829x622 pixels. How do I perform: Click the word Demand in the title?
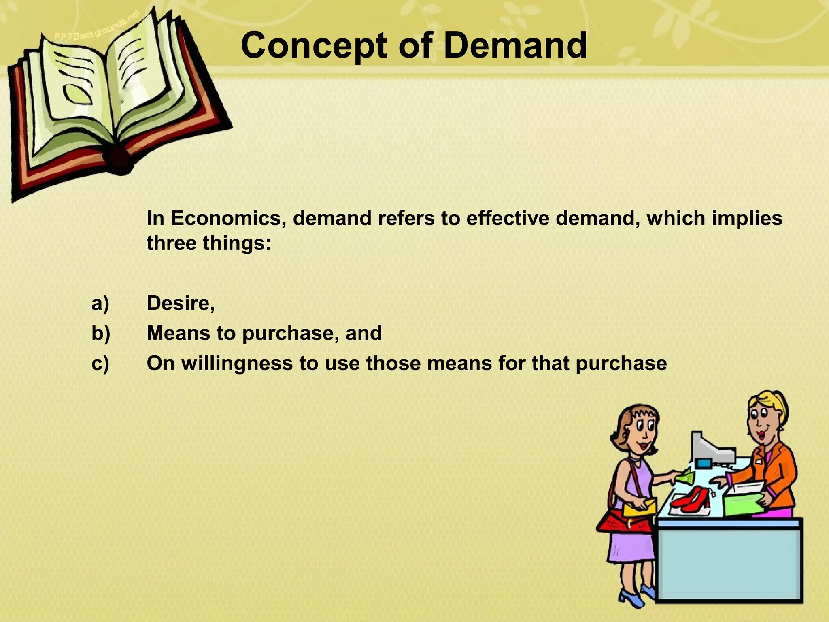coord(515,45)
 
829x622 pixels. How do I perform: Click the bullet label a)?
coord(100,303)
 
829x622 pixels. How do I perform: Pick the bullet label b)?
coord(101,333)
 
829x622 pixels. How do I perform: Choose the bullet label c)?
coord(100,363)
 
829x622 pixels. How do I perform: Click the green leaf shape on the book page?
coord(78,93)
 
